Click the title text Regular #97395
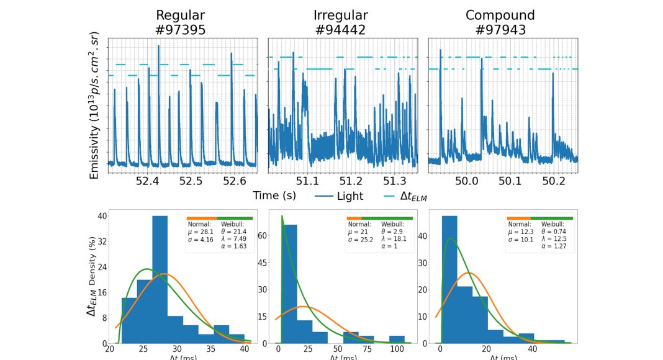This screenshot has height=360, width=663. [x=181, y=22]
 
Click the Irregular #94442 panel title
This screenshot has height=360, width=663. [x=341, y=22]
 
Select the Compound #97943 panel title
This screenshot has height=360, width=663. [x=500, y=22]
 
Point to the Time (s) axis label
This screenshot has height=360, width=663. [x=274, y=196]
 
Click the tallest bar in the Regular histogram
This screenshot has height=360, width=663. [x=160, y=279]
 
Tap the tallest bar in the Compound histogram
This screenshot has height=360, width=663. [x=449, y=279]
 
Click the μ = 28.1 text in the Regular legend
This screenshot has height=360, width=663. [x=201, y=230]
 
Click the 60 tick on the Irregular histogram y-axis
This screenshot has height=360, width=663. [x=262, y=236]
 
